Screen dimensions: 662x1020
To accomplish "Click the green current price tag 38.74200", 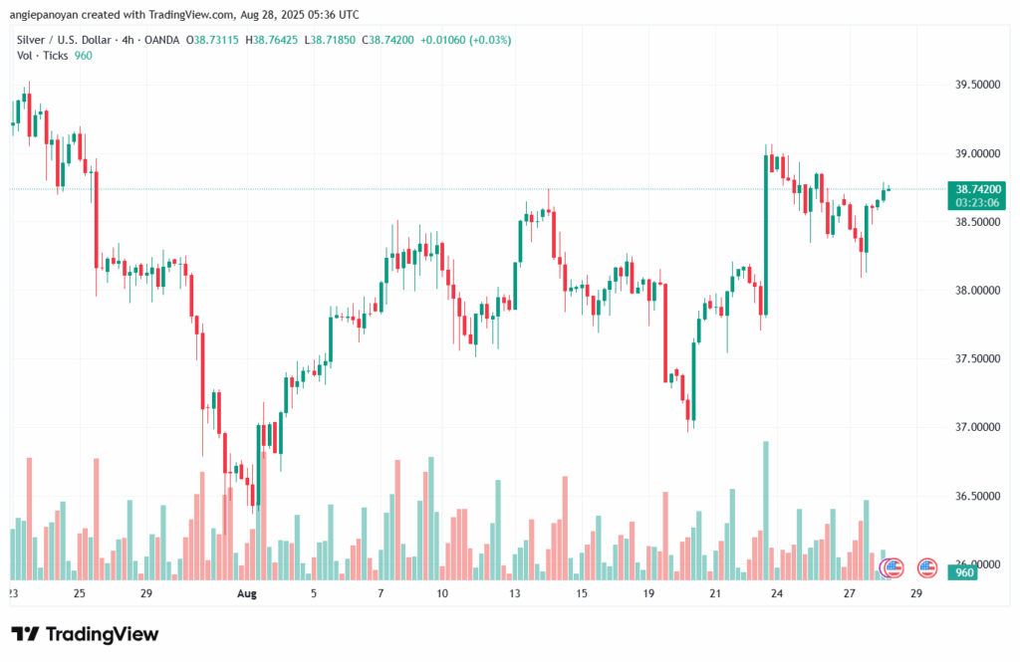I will coord(978,188).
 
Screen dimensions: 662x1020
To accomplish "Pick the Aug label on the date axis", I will coord(247,593).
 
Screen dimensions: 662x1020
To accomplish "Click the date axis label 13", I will coord(515,593).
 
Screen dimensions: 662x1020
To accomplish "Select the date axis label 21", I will coord(715,593).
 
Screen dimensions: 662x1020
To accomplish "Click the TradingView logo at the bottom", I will coord(86,634).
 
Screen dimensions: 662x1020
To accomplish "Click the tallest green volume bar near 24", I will coord(766,508).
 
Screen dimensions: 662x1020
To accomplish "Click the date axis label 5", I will coord(314,593).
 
